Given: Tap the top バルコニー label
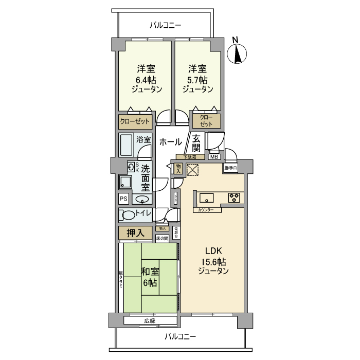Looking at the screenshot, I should pyautogui.click(x=166, y=25).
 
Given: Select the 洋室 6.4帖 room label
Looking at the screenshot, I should pyautogui.click(x=146, y=79).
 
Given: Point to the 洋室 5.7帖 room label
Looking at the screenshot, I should pyautogui.click(x=197, y=79).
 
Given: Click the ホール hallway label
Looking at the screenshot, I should pyautogui.click(x=169, y=142).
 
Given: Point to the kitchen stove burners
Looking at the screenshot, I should pyautogui.click(x=235, y=197).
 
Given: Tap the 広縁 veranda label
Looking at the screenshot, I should pyautogui.click(x=150, y=320).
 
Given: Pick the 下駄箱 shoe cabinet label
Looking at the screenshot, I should pyautogui.click(x=186, y=157).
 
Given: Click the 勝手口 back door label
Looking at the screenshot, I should pyautogui.click(x=230, y=168).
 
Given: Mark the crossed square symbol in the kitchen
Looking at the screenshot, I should pyautogui.click(x=193, y=170).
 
